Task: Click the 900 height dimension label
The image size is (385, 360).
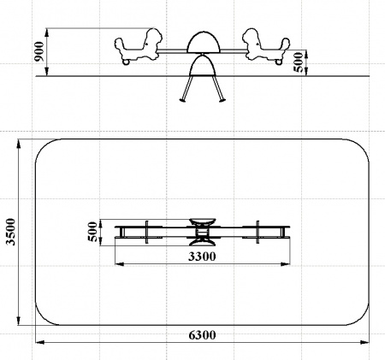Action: pyautogui.click(x=39, y=51)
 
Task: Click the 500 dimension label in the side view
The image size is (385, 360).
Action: pyautogui.click(x=299, y=62)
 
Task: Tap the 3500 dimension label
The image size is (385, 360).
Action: pyautogui.click(x=11, y=232)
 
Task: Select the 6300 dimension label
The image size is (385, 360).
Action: pyautogui.click(x=202, y=335)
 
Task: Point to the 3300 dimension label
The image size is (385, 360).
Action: pyautogui.click(x=202, y=257)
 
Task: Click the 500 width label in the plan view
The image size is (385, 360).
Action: pyautogui.click(x=93, y=232)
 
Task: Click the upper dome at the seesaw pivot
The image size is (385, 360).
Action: pyautogui.click(x=204, y=43)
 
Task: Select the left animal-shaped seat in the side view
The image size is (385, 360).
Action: pyautogui.click(x=139, y=45)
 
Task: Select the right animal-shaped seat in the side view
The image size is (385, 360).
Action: pyautogui.click(x=266, y=45)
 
